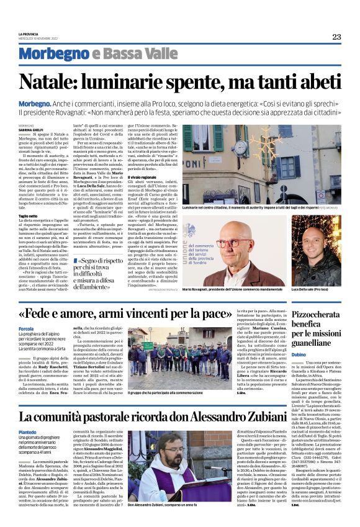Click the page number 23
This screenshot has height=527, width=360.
point(336,37)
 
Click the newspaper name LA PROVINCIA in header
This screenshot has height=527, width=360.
point(29,34)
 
